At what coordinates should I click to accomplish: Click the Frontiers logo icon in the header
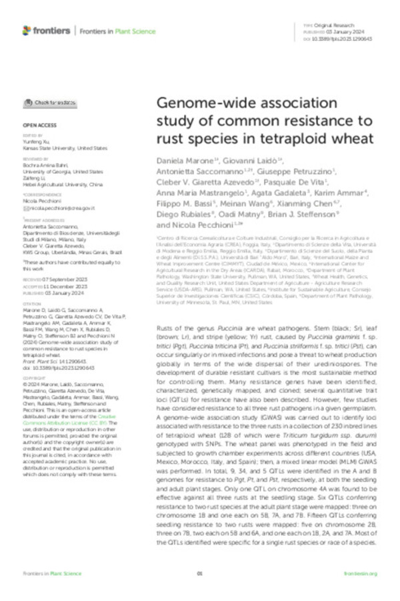pos(27,30)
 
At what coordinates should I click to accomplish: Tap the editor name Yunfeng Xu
pos(37,142)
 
